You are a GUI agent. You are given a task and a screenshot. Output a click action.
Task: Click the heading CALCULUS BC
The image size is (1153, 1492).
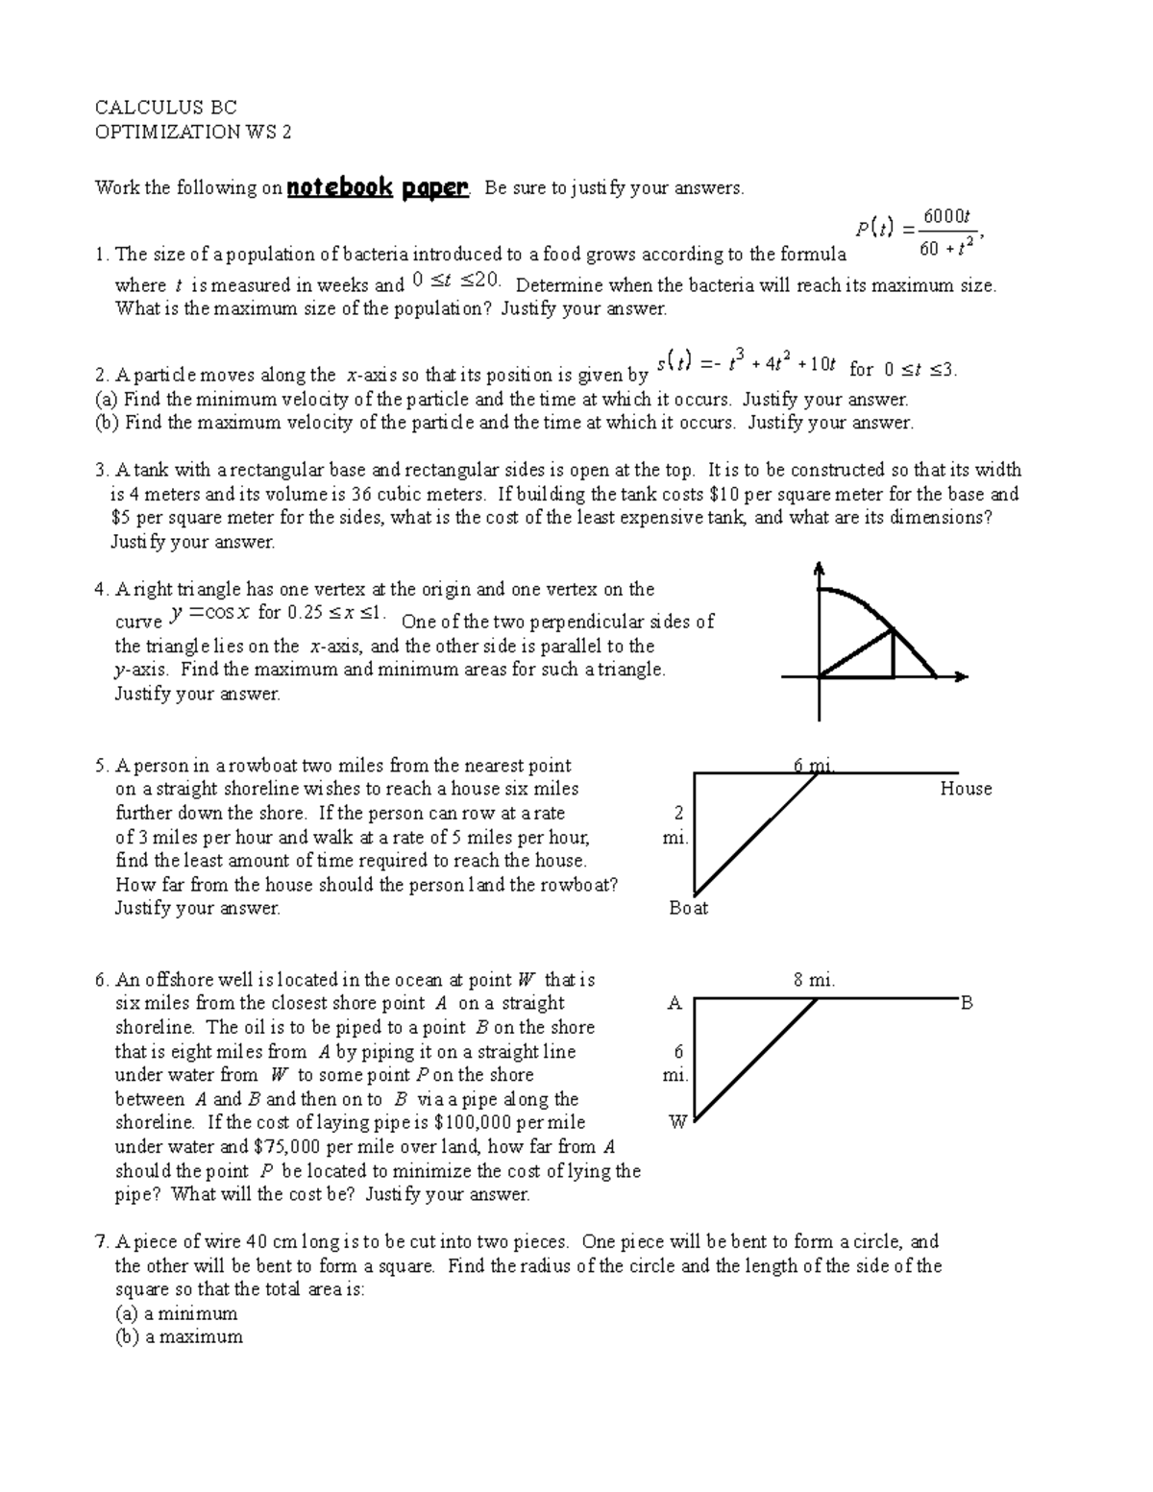click(165, 108)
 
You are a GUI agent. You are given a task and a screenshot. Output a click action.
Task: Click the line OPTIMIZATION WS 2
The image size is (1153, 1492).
click(192, 133)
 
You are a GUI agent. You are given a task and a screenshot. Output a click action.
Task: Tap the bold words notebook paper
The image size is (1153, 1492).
click(379, 187)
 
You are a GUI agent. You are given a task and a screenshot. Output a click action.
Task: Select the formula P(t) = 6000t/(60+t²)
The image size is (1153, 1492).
click(919, 232)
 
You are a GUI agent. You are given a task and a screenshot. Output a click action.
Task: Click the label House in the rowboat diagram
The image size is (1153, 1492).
click(966, 789)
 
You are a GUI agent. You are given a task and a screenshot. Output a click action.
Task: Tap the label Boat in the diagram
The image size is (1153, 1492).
click(688, 908)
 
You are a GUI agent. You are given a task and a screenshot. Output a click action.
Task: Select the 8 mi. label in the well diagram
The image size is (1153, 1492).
click(814, 981)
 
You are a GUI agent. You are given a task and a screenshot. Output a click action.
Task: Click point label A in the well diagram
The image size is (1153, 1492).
click(675, 1004)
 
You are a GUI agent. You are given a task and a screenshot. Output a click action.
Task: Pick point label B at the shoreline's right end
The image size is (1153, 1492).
click(967, 1004)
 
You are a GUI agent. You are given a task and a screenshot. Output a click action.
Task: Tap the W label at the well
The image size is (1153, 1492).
click(677, 1122)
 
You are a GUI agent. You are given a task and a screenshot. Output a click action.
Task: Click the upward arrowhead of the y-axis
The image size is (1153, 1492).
click(819, 568)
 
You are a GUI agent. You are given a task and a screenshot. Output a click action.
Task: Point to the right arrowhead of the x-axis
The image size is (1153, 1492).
click(960, 677)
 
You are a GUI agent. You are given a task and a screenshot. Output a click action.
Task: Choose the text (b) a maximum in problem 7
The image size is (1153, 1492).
click(179, 1336)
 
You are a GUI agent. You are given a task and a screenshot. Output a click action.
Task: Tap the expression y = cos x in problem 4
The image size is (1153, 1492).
click(209, 614)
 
